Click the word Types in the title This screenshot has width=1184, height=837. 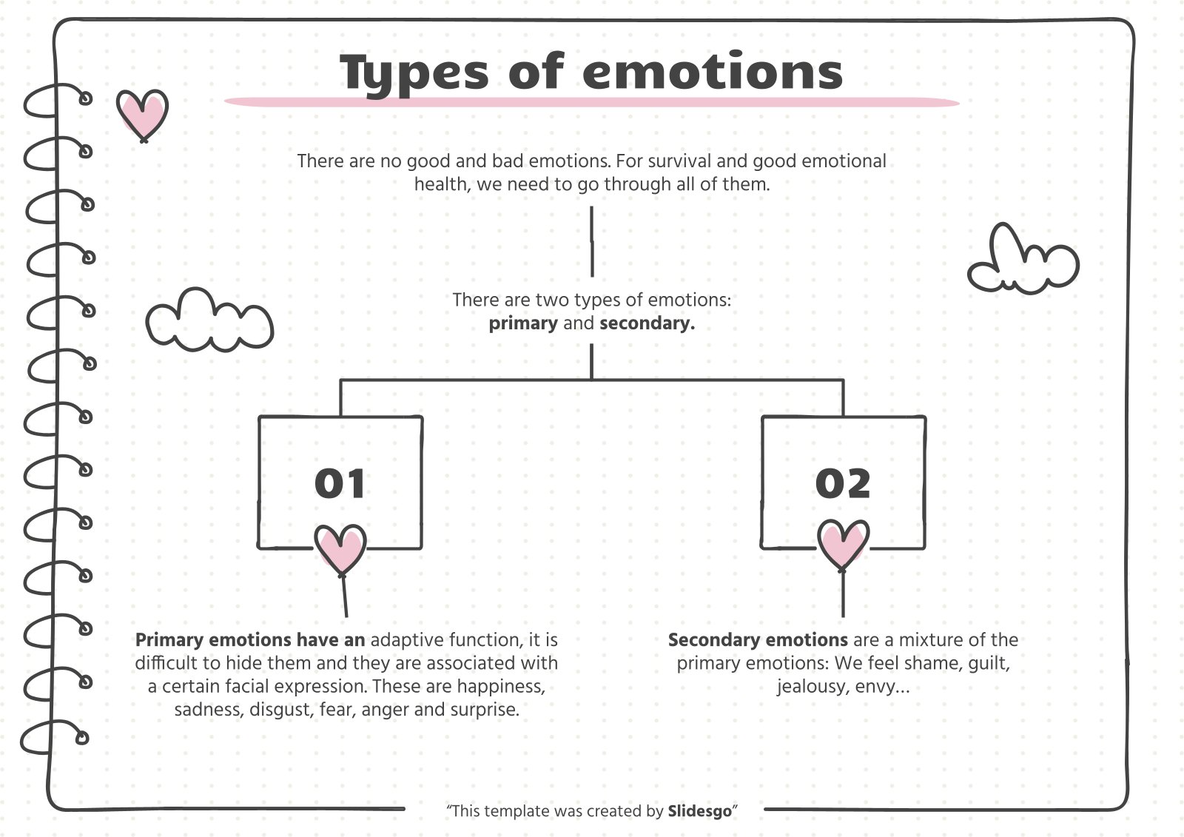[x=415, y=73]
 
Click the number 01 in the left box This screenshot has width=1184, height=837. [x=340, y=484]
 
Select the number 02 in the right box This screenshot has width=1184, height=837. [x=843, y=484]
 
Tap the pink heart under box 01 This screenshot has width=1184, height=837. [x=340, y=548]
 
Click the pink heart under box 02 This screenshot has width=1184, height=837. [x=843, y=544]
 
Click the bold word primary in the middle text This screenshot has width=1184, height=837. [x=523, y=323]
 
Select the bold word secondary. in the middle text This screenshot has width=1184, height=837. [x=647, y=323]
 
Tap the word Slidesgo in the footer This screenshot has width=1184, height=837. [x=699, y=811]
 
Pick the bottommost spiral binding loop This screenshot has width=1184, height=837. [x=55, y=739]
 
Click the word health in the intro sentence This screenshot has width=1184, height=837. [x=440, y=184]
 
